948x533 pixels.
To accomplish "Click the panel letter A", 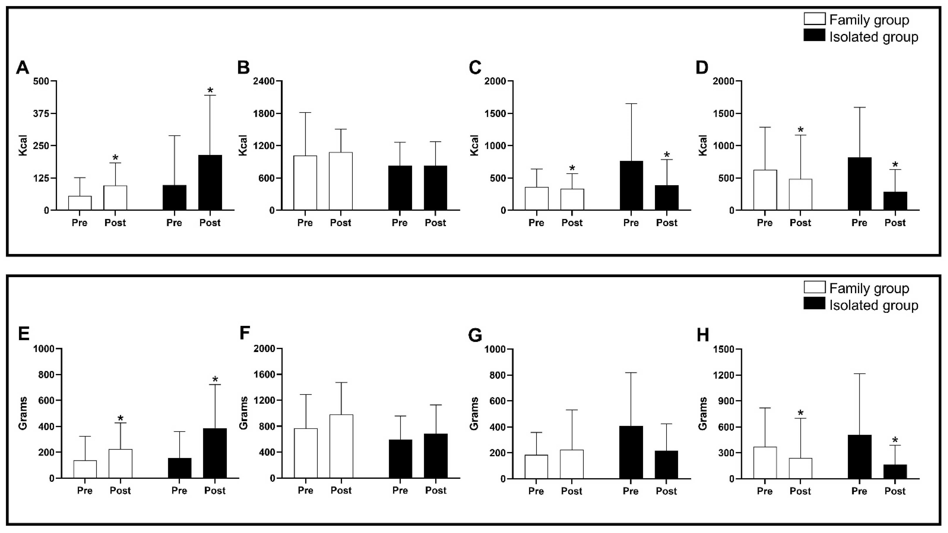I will click(22, 68).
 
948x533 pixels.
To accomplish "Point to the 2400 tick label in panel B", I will click(264, 81).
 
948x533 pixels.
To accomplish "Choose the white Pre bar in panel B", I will click(305, 183).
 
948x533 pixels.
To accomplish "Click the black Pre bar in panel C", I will click(631, 186).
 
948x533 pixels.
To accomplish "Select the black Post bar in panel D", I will click(895, 201).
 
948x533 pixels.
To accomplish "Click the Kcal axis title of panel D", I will click(703, 146).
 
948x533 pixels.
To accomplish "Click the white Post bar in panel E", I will click(120, 464).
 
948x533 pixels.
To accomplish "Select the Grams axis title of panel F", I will click(243, 413).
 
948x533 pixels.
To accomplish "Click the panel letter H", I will click(703, 335).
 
